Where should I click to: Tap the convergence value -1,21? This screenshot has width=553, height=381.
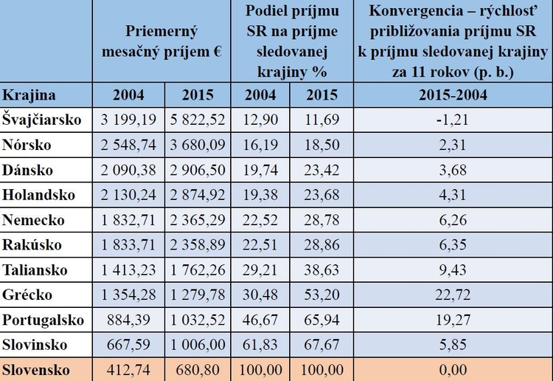click(453, 118)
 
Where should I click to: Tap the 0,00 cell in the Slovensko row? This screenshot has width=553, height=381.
click(453, 369)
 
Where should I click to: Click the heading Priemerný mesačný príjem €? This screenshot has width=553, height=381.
click(163, 42)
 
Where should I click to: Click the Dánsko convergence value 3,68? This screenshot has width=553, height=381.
click(453, 169)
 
